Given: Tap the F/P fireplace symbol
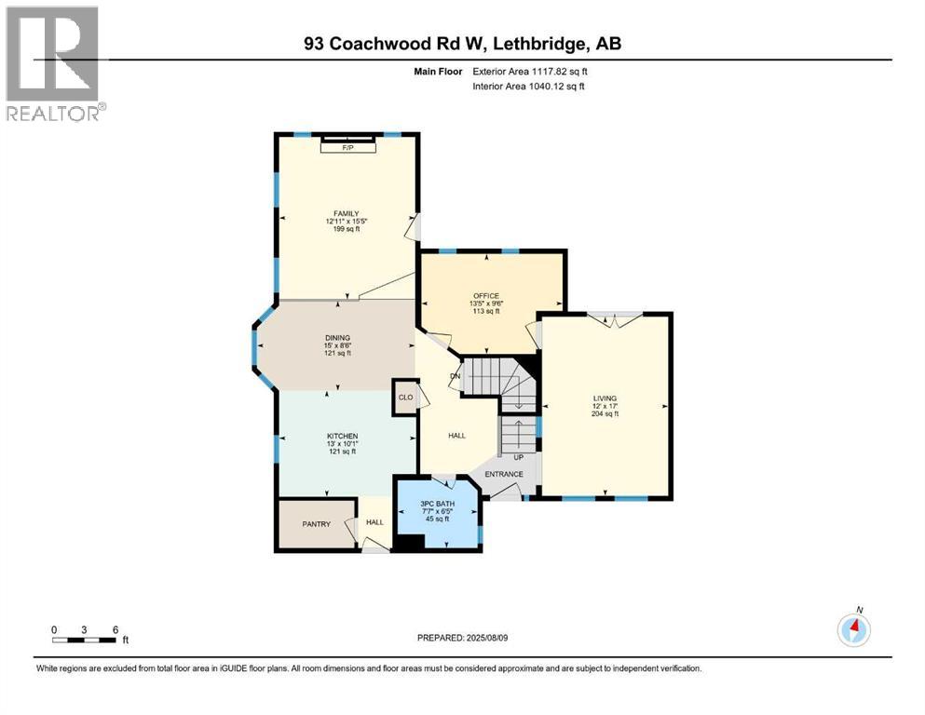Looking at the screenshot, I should [x=348, y=147].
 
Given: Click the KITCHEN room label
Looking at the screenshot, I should [x=342, y=436].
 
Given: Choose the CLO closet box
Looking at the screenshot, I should [x=405, y=397].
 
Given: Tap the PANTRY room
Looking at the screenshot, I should [x=317, y=524].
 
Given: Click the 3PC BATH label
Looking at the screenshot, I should [x=437, y=504].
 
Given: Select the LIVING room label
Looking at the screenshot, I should [x=605, y=398].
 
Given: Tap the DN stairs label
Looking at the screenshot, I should [x=456, y=376].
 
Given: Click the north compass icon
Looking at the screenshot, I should [x=854, y=629].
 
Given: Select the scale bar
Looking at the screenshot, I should [x=85, y=640].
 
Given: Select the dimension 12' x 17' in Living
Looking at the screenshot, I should [x=605, y=406].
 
